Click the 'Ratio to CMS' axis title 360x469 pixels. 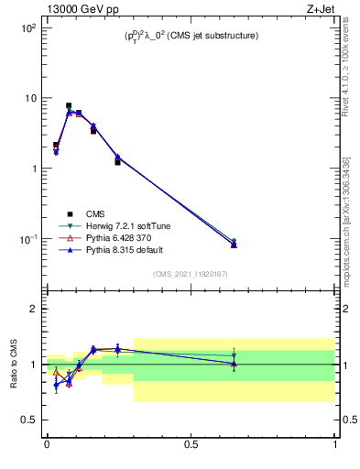tap(13, 365)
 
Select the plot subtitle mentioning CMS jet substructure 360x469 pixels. tap(191, 36)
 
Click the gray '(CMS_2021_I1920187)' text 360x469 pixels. tap(191, 273)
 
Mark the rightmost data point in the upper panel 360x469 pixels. tap(234, 244)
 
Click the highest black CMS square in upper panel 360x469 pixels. tap(69, 106)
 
